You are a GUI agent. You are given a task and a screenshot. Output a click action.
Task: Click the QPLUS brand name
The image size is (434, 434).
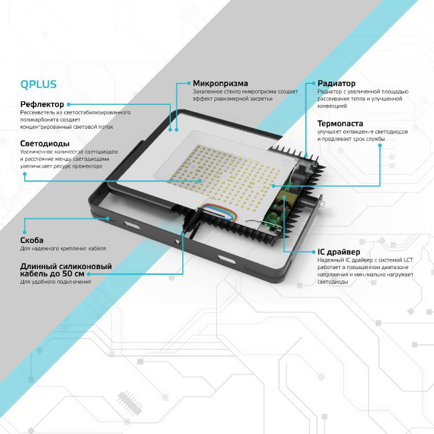tap(38, 85)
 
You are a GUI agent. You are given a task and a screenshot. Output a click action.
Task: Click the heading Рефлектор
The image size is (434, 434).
tap(42, 104)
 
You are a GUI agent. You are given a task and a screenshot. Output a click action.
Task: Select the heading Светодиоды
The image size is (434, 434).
tap(45, 144)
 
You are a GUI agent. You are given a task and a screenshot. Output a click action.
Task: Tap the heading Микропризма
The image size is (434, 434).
tap(220, 83)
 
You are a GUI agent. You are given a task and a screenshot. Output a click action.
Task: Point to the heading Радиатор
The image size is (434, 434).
tap(336, 83)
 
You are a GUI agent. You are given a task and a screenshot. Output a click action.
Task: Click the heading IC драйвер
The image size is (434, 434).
tap(339, 252)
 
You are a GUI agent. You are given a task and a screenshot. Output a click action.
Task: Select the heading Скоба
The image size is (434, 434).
tap(32, 240)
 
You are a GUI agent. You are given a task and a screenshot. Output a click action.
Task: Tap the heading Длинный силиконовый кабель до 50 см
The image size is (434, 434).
tap(65, 270)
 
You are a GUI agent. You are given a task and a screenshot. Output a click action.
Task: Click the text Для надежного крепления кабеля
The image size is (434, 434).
tap(63, 249)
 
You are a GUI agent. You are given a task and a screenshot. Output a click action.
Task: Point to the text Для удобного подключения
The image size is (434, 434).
tap(55, 282)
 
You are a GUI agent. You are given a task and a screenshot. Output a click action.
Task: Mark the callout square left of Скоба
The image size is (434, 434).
tap(24, 219)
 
